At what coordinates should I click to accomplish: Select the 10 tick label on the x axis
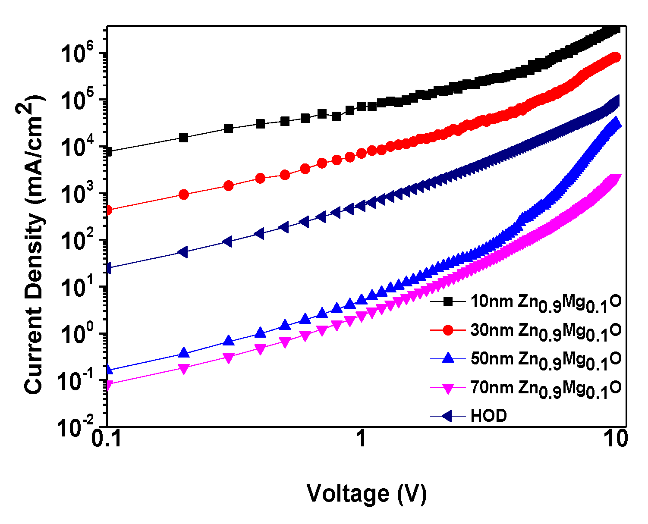[615, 439]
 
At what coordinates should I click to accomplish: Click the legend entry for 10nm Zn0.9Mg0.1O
[545, 302]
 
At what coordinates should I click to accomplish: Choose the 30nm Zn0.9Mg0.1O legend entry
[545, 331]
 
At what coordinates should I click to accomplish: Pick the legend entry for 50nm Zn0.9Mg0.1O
[545, 359]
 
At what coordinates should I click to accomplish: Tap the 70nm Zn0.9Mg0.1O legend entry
[545, 388]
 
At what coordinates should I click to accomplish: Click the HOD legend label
[488, 416]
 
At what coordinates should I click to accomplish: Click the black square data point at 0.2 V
[184, 138]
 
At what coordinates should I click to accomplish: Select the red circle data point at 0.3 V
[229, 186]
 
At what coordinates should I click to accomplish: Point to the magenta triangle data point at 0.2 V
[184, 369]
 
